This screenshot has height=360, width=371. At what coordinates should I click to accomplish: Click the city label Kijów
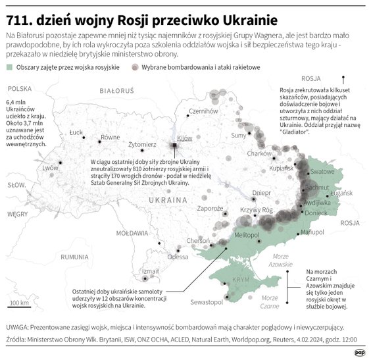[185, 138]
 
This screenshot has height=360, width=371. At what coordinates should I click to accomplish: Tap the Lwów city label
[51, 168]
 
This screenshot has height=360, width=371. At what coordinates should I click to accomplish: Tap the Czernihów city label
[203, 111]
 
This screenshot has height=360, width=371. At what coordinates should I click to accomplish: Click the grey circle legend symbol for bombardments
[137, 68]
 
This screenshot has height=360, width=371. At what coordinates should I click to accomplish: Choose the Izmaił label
[150, 270]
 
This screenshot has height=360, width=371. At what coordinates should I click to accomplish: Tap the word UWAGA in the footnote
[18, 326]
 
